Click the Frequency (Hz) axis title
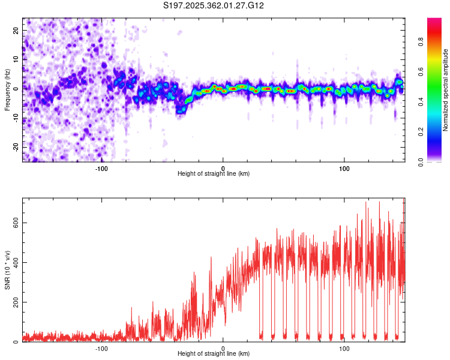pyautogui.click(x=7, y=89)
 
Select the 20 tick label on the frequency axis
pyautogui.click(x=16, y=30)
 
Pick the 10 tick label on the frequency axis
pyautogui.click(x=16, y=59)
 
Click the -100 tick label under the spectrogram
pyautogui.click(x=101, y=168)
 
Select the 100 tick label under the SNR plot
pyautogui.click(x=344, y=348)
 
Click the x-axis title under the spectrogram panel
pyautogui.click(x=214, y=174)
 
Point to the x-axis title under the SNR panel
pyautogui.click(x=214, y=354)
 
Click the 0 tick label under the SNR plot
pyautogui.click(x=223, y=348)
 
